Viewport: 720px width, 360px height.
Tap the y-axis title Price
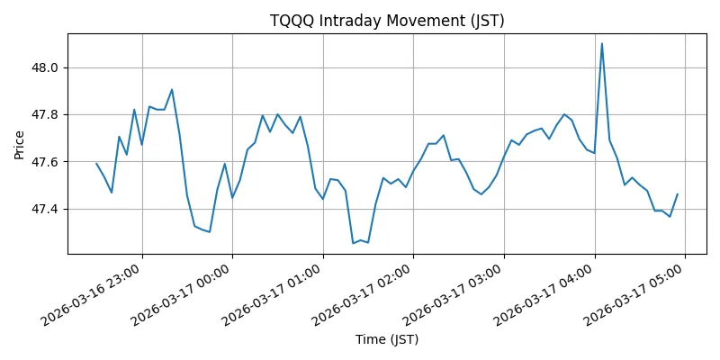pos(20,143)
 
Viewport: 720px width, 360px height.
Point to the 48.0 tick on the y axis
pos(46,67)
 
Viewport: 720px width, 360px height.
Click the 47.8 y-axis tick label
pos(46,115)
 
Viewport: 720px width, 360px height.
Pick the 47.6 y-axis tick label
pos(46,162)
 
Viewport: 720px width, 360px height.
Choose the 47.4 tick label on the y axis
pos(46,209)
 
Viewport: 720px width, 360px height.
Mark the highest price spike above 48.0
pos(602,43)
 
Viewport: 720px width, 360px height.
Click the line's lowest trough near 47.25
pos(353,243)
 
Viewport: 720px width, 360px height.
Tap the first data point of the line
pos(96,163)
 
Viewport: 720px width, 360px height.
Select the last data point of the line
pos(678,194)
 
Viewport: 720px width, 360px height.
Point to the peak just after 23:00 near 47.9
pos(172,89)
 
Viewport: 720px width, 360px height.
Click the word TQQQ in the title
pos(290,22)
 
